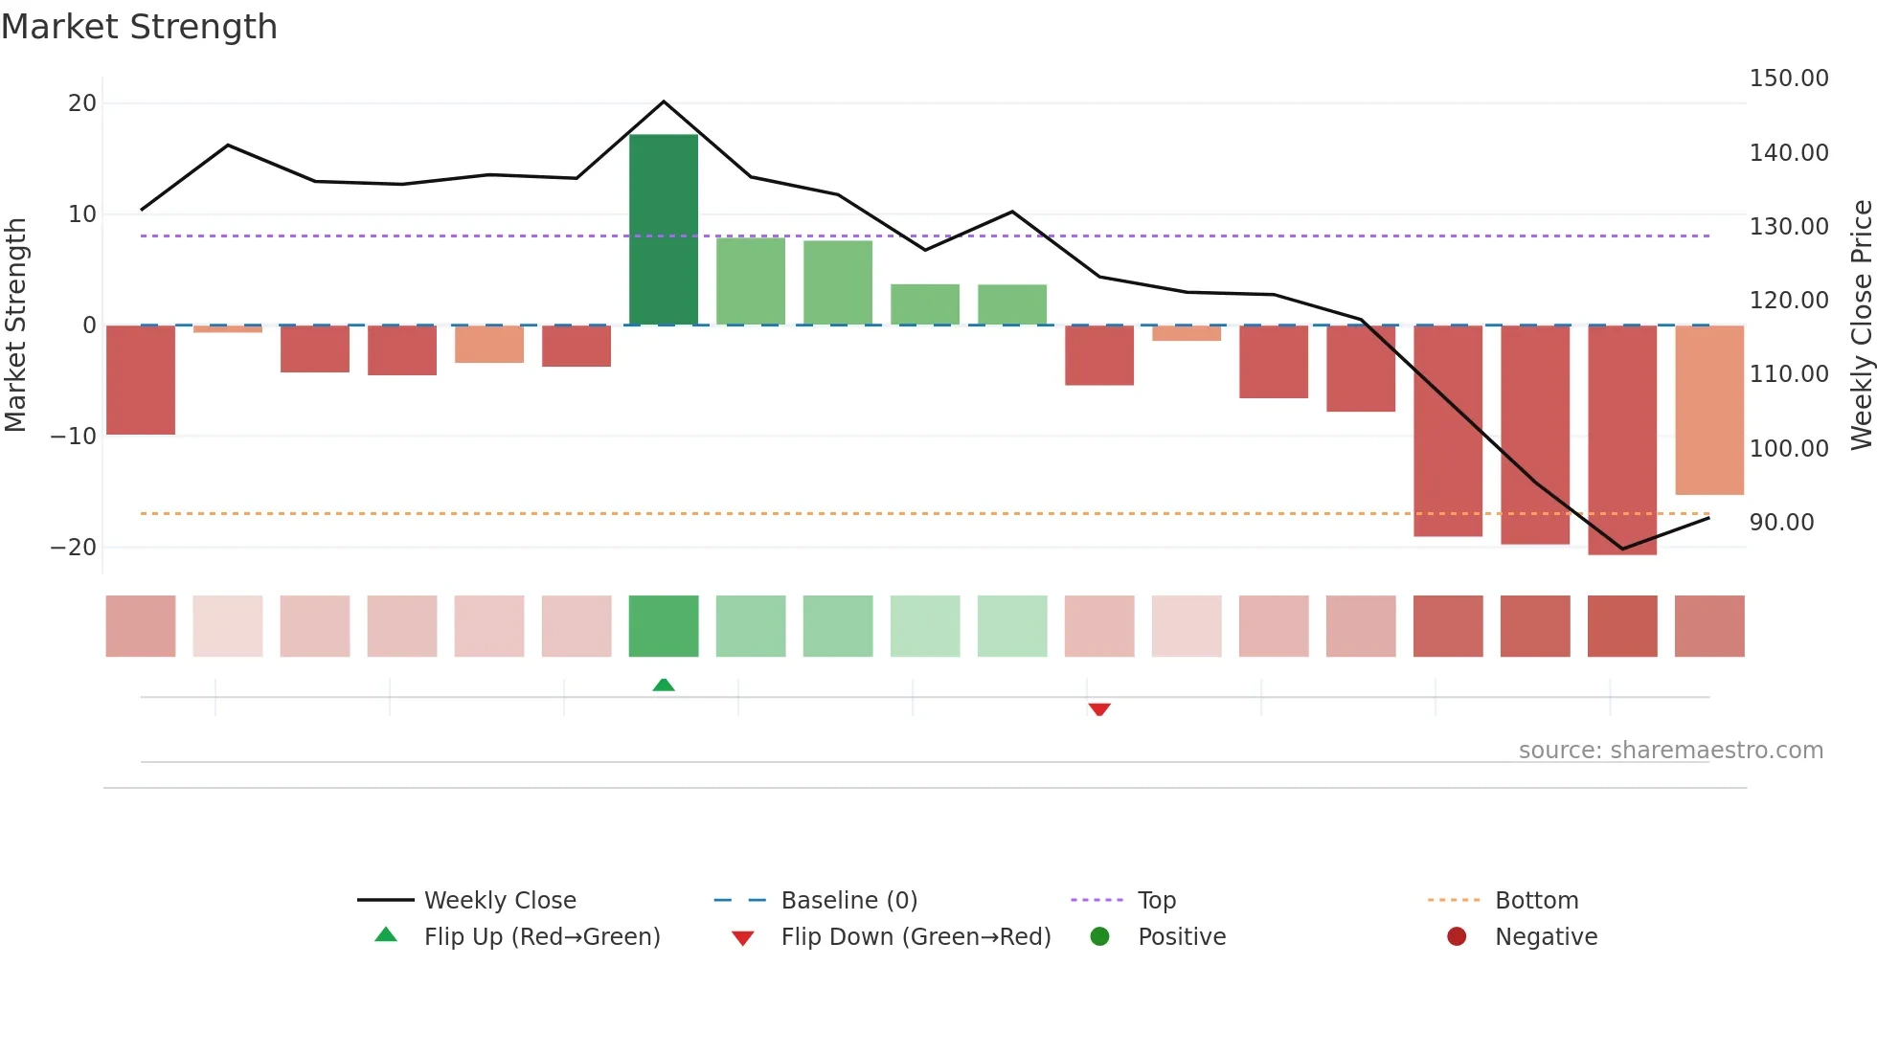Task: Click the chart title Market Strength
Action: pyautogui.click(x=139, y=27)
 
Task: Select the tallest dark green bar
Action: pyautogui.click(x=664, y=230)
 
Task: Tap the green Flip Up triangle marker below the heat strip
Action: pyautogui.click(x=664, y=685)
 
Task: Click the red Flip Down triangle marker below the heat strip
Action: pyautogui.click(x=1099, y=709)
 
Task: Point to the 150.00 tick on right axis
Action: pyautogui.click(x=1788, y=79)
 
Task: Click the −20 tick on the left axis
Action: pyautogui.click(x=74, y=548)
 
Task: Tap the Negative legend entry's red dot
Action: pyautogui.click(x=1457, y=936)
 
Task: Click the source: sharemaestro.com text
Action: pyautogui.click(x=1670, y=751)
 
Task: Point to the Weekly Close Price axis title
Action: pyautogui.click(x=1861, y=325)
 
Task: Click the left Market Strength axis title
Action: pyautogui.click(x=15, y=325)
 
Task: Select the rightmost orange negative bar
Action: pyautogui.click(x=1709, y=410)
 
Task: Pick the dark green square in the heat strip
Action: pyautogui.click(x=664, y=626)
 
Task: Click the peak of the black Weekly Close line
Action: pyautogui.click(x=664, y=101)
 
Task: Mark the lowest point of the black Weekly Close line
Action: pyautogui.click(x=1622, y=549)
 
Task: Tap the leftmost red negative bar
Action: pyautogui.click(x=141, y=380)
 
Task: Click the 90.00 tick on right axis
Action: pyautogui.click(x=1781, y=523)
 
